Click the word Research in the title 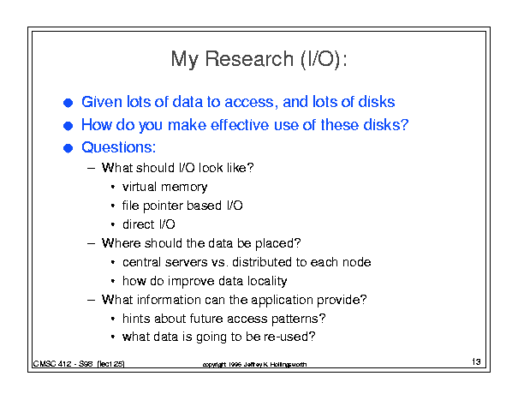coord(249,59)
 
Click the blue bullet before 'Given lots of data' coord(68,103)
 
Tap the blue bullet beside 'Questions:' coord(68,148)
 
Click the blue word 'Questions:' coord(119,147)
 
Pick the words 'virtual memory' coord(165,187)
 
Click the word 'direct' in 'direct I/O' coord(139,224)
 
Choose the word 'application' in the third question coord(282,300)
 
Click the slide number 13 coord(476,361)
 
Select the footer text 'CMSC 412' coord(52,364)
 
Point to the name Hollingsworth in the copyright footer coord(289,365)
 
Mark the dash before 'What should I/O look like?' coord(91,168)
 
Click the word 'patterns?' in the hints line coord(298,319)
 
